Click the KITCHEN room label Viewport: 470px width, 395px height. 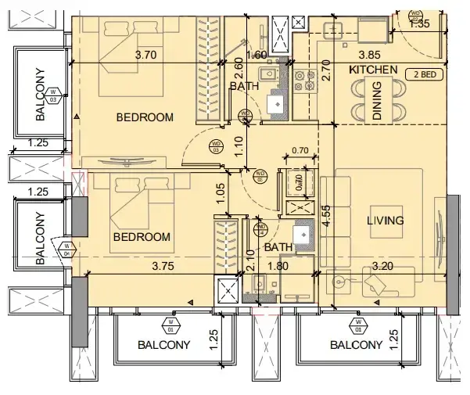pyautogui.click(x=374, y=70)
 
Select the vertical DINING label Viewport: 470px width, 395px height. pyautogui.click(x=377, y=105)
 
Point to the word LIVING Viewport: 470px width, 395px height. pyautogui.click(x=386, y=221)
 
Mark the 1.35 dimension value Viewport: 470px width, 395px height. pyautogui.click(x=419, y=24)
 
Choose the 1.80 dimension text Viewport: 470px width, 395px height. pyautogui.click(x=279, y=266)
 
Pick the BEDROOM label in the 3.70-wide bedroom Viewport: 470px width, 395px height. pyautogui.click(x=144, y=117)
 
